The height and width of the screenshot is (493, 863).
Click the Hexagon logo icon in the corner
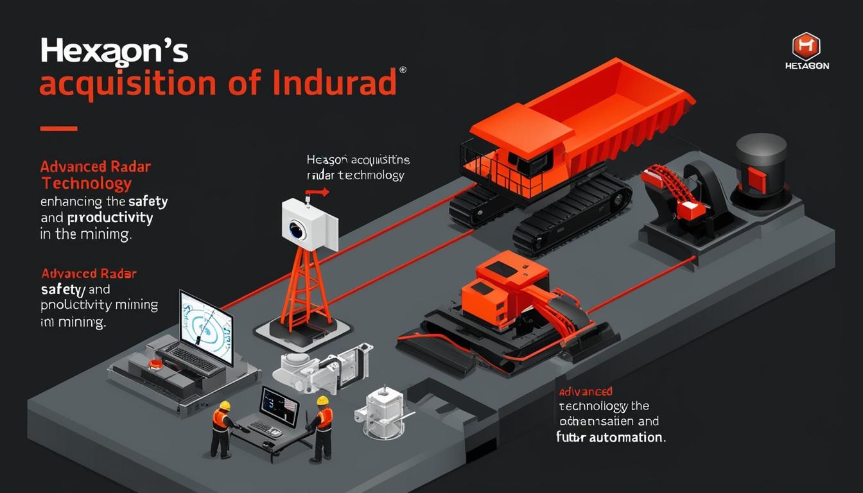click(x=806, y=46)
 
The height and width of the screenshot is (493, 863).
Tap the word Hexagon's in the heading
click(x=114, y=51)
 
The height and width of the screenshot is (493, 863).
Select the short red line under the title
click(x=58, y=128)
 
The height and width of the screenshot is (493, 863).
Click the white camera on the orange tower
click(x=309, y=223)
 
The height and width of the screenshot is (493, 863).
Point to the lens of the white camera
click(x=297, y=230)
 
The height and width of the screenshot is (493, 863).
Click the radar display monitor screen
click(x=205, y=327)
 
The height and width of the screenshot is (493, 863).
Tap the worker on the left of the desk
click(x=222, y=429)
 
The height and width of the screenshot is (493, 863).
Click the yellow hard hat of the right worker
click(x=322, y=401)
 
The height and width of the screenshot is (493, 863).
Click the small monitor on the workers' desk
click(x=279, y=406)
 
